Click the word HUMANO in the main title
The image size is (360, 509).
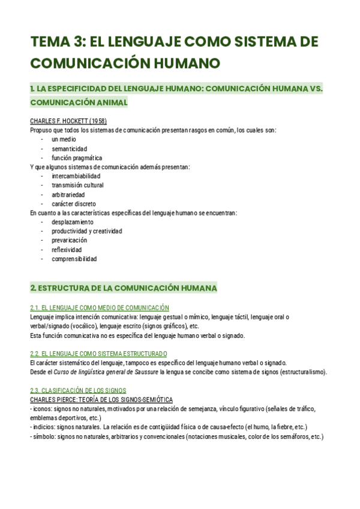(181, 63)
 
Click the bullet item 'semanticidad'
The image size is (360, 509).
(69, 149)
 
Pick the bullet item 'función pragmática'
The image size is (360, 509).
(77, 158)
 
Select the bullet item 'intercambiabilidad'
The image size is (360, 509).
(76, 176)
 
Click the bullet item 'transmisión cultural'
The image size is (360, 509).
(77, 185)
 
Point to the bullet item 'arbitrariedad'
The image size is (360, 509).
(68, 195)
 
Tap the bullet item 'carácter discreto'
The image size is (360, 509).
(73, 204)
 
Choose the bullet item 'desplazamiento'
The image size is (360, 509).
(72, 222)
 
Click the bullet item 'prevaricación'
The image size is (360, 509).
(69, 241)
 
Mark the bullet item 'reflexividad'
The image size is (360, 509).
(67, 250)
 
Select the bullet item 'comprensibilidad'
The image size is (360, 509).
(74, 259)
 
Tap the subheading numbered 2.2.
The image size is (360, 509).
(98, 354)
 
